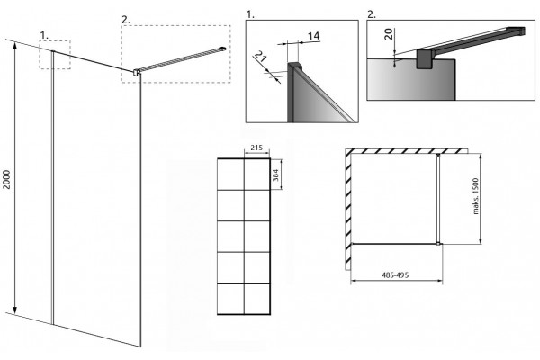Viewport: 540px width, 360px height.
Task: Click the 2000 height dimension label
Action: pos(7,179)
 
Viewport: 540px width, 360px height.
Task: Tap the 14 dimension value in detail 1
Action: pos(313,36)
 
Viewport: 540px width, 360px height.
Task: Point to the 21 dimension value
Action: pos(261,56)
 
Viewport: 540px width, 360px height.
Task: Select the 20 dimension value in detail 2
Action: pos(389,34)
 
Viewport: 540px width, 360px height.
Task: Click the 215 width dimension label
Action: pos(256,148)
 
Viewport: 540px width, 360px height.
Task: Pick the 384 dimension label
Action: pos(275,175)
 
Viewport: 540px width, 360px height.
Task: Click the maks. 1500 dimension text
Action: pos(476,196)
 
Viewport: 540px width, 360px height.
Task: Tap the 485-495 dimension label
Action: pos(395,274)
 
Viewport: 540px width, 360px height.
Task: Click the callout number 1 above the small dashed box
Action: pos(44,35)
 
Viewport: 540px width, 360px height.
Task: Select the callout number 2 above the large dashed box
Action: pos(126,20)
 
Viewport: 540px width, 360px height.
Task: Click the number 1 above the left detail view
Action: pos(250,14)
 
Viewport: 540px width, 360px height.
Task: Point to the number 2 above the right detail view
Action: pos(372,14)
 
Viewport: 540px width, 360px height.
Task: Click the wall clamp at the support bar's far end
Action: pos(223,49)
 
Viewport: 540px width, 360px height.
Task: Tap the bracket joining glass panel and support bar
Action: pos(137,72)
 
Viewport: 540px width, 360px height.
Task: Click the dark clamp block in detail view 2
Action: pos(426,58)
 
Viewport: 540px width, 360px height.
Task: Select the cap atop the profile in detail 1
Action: pos(293,66)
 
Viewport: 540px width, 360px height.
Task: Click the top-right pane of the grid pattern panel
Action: pos(256,175)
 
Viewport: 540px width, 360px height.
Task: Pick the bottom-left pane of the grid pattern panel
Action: pos(230,298)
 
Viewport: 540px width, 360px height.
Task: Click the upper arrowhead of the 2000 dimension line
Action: pos(14,47)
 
